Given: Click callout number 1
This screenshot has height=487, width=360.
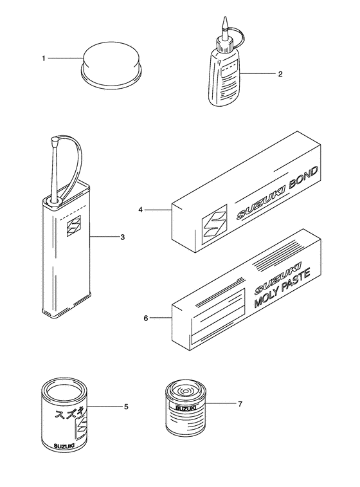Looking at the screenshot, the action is point(44,59).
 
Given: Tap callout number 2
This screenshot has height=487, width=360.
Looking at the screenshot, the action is point(280,74).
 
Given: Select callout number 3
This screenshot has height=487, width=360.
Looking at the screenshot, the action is point(123,237).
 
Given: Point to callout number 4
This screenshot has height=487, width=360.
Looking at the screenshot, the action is point(141,210).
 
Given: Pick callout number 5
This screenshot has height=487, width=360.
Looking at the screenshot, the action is point(126,407).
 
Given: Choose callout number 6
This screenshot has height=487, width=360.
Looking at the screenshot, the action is point(146,318).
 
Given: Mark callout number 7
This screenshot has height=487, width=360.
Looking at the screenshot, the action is point(240,404).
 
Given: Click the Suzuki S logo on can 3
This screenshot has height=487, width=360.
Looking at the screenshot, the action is point(73,225).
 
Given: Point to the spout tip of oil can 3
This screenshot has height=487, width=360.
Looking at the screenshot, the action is point(55,140).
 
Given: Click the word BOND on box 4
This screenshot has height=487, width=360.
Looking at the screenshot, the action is point(303,179).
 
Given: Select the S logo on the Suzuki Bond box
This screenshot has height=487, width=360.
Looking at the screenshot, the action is point(215,225).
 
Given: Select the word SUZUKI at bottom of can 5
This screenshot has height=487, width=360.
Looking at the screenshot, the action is point(64,446).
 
